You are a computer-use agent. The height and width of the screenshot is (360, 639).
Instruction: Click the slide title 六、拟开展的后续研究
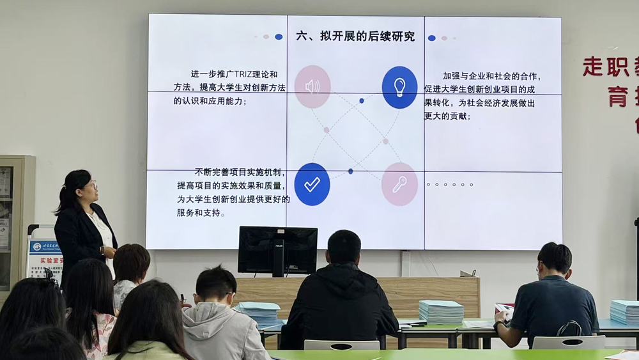tap(355, 36)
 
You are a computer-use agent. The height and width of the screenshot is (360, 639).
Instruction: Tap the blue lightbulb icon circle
tap(399, 87)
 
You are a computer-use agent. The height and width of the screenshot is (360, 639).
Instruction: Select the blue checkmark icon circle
tap(312, 184)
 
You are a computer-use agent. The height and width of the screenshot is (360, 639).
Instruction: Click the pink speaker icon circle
tap(312, 86)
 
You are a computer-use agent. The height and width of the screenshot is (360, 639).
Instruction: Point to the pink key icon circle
tap(399, 184)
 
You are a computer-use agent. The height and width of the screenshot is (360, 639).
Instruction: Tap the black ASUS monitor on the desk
tap(277, 250)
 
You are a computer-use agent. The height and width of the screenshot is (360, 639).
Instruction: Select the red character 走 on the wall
tap(594, 67)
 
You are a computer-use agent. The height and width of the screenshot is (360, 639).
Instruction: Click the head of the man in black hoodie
tap(344, 247)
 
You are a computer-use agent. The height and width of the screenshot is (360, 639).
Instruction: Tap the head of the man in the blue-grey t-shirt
tap(554, 258)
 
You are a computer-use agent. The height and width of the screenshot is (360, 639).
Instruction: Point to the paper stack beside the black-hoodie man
tap(441, 311)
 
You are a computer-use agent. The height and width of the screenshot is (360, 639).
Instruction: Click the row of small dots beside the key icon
tap(449, 185)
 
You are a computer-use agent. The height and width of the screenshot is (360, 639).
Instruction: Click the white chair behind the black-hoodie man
tap(341, 345)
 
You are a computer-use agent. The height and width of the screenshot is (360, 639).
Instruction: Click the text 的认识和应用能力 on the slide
tap(210, 101)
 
